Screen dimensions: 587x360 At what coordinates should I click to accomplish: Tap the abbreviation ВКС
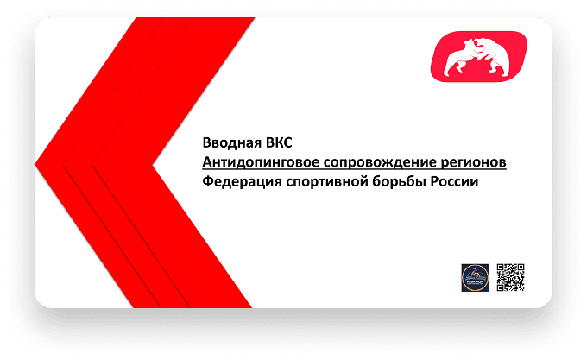click(279, 143)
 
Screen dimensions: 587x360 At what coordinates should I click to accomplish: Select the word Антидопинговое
click(261, 163)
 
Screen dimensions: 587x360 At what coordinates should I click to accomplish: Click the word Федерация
click(242, 182)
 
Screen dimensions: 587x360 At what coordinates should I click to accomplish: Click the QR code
click(510, 277)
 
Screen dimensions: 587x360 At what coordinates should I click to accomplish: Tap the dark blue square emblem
click(475, 278)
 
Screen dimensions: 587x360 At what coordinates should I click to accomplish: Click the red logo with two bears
click(479, 56)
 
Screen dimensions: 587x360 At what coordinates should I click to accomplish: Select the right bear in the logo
click(494, 55)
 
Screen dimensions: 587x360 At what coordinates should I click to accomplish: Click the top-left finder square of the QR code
click(501, 268)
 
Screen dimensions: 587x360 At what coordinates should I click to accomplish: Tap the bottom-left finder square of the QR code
click(501, 287)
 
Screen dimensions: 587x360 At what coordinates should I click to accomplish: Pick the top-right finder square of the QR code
click(520, 268)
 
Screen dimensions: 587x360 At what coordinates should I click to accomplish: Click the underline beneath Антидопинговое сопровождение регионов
click(355, 169)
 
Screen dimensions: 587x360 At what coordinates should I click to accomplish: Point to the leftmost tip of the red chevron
click(35, 163)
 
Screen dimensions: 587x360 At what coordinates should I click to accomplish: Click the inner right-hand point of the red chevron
click(153, 165)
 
